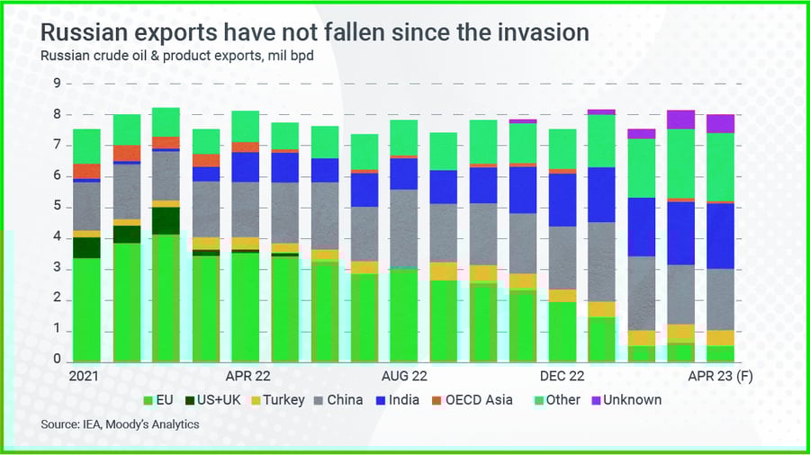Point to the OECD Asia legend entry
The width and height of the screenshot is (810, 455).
pos(478,400)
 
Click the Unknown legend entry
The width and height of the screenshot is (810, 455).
pos(632,400)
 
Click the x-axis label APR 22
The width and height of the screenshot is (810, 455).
pos(247,376)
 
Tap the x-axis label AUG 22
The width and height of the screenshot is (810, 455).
pos(404,376)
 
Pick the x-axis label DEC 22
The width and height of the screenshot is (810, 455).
pos(562,376)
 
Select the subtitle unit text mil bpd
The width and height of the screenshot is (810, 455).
pos(286,56)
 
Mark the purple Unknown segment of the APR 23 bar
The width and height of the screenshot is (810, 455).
pos(720,123)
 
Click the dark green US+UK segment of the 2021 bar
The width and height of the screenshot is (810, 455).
pos(86,247)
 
